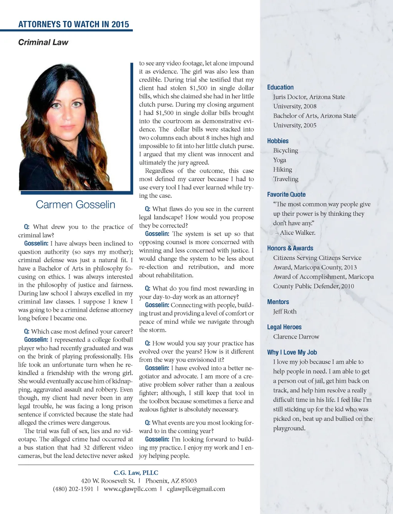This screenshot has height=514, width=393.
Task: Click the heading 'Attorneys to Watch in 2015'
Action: click(74, 24)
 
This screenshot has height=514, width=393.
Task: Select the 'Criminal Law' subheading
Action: click(43, 42)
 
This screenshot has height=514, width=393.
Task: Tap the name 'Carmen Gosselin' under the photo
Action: click(76, 204)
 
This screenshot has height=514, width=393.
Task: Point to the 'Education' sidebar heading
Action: click(280, 88)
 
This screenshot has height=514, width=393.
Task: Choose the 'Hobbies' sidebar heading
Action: click(277, 141)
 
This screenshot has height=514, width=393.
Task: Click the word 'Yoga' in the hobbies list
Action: click(279, 160)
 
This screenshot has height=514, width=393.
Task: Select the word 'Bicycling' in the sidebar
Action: click(286, 150)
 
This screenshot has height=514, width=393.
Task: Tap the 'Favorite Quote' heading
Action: click(286, 195)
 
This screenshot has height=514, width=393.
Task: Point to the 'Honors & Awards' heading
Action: click(290, 248)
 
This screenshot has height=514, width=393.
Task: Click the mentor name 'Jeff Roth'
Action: click(285, 311)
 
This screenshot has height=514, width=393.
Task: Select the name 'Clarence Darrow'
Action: click(296, 337)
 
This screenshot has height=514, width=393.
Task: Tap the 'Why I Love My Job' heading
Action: click(292, 352)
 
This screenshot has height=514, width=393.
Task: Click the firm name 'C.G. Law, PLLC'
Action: click(136, 473)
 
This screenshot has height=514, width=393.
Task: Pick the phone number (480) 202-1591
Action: click(73, 489)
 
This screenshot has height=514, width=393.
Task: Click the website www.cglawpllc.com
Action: click(130, 489)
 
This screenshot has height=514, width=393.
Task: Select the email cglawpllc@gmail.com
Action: click(196, 489)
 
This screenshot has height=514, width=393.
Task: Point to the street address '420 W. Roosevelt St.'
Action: click(108, 481)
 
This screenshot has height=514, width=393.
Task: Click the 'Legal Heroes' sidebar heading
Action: click(284, 327)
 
